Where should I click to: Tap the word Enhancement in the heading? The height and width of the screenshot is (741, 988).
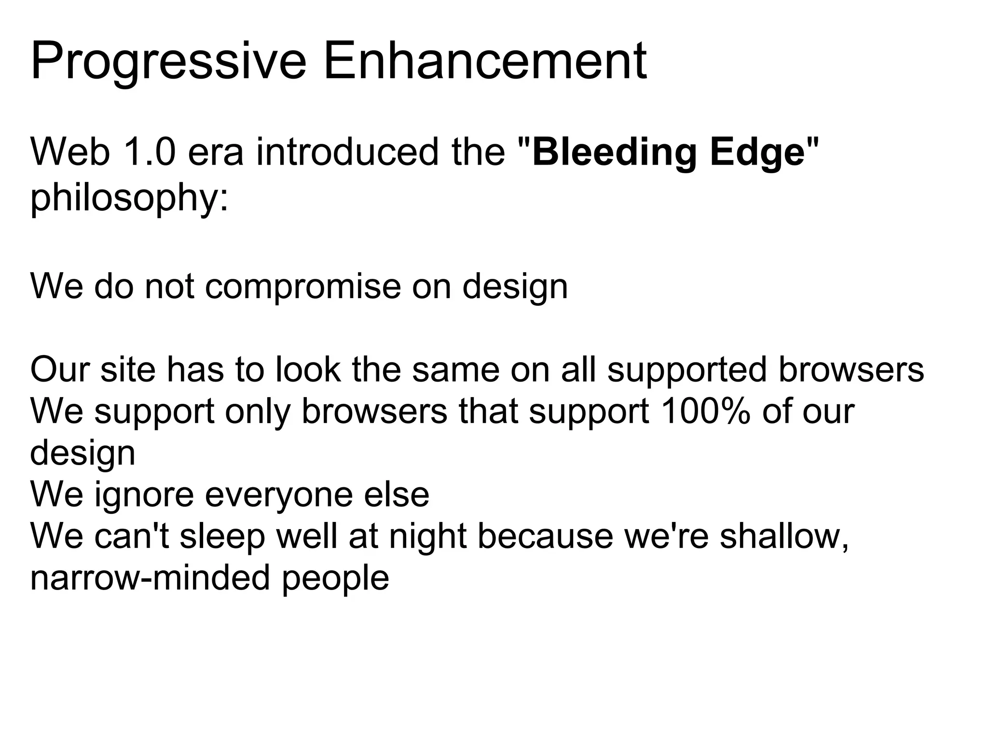pos(485,62)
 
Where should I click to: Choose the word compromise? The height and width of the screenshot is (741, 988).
pos(302,287)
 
